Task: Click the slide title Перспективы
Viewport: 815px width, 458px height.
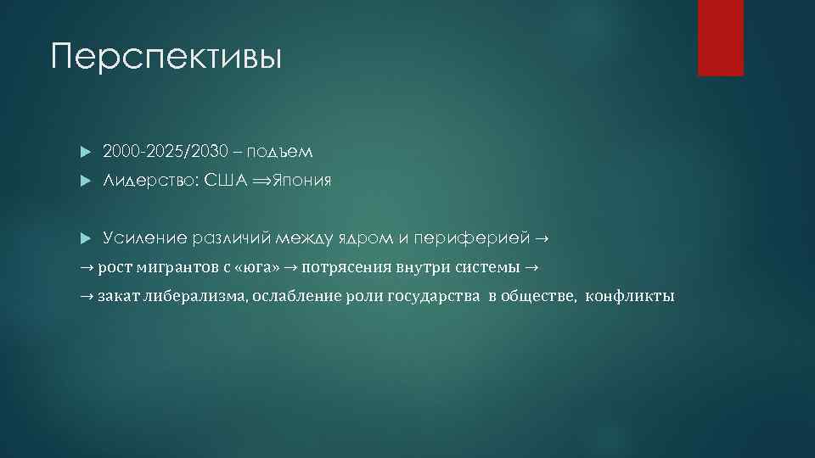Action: (x=166, y=57)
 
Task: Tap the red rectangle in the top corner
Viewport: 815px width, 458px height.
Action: (x=720, y=37)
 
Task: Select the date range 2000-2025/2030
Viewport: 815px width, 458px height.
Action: (x=166, y=152)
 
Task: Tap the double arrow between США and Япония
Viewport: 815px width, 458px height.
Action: (x=261, y=181)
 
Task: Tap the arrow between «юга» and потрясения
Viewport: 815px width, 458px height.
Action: (x=290, y=267)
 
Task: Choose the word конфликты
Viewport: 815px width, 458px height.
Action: (x=631, y=296)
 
